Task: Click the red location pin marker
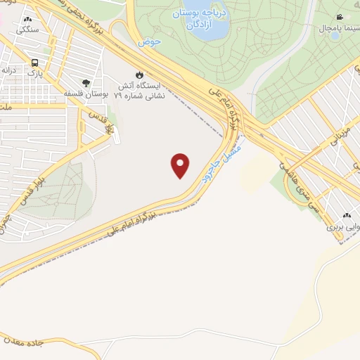coord(181,165)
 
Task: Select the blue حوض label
coord(149,41)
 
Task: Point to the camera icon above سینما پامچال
coord(340,17)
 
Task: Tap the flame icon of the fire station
coord(139,74)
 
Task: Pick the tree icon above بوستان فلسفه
coord(86,82)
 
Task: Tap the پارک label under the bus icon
coord(34,72)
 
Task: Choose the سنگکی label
coord(27,30)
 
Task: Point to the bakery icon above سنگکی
coord(27,20)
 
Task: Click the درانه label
coord(9,70)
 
